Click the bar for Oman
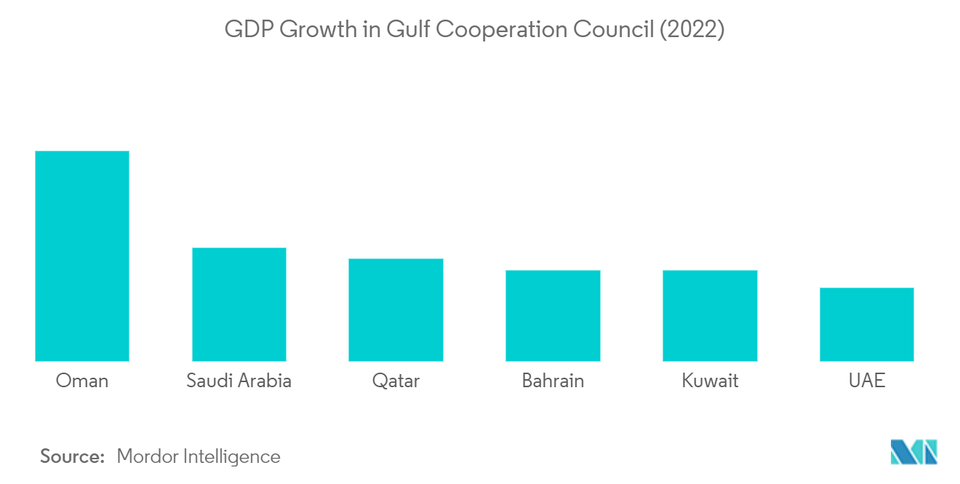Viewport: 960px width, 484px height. (x=82, y=255)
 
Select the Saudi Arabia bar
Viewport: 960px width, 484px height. (x=239, y=304)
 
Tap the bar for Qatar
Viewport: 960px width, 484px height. (x=396, y=310)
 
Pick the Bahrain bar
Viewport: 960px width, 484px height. (x=553, y=316)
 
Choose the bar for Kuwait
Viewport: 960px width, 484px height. (x=710, y=316)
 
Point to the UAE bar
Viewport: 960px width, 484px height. (x=867, y=325)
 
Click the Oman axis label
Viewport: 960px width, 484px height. (x=82, y=381)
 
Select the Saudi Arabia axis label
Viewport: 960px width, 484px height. (x=239, y=381)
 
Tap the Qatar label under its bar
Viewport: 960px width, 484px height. (x=396, y=381)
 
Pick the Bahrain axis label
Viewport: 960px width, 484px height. (x=553, y=381)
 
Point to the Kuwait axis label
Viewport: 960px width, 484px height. (x=710, y=381)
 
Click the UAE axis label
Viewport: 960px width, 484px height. (x=867, y=381)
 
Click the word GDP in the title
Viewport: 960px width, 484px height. (x=249, y=30)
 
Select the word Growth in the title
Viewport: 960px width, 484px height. (x=319, y=30)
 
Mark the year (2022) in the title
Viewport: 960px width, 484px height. (x=692, y=30)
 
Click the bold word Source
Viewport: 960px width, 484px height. (x=73, y=456)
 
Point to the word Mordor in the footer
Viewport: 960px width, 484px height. (x=147, y=456)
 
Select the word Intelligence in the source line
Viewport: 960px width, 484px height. (x=231, y=457)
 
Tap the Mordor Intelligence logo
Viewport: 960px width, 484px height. (x=914, y=452)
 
